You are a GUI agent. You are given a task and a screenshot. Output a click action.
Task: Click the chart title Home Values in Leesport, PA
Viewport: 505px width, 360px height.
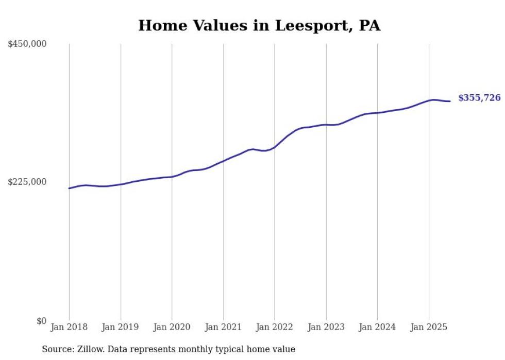pos(259,25)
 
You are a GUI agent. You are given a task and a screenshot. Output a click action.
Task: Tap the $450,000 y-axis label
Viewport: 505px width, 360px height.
pos(27,44)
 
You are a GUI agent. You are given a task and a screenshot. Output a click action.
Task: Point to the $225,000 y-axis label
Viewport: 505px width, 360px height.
pos(27,182)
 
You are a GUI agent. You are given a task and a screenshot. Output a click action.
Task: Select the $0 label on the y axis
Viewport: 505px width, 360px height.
pos(41,321)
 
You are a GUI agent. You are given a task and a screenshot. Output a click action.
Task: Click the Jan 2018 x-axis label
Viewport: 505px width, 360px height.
pos(69,327)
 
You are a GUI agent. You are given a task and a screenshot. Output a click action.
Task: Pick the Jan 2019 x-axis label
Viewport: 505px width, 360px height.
pos(121,327)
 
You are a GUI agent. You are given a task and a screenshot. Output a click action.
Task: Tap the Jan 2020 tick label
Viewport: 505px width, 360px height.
pos(172,327)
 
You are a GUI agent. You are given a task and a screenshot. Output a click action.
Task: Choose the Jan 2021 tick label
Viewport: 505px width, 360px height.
pos(223,327)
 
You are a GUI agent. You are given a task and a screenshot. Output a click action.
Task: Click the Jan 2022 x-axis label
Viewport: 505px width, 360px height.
pos(275,327)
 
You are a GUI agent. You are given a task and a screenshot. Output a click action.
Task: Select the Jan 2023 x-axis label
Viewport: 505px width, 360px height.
pos(326,327)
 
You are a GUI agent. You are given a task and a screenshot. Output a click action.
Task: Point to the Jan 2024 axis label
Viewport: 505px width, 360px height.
pos(377,327)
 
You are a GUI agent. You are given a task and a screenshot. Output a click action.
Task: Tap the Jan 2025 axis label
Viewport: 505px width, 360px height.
pos(429,327)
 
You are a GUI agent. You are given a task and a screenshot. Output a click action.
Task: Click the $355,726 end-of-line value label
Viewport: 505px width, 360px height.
pos(479,98)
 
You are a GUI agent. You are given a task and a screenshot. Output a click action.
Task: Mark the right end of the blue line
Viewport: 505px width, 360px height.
pos(450,101)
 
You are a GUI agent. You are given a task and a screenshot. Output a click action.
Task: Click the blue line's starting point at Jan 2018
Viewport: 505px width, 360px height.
pos(69,188)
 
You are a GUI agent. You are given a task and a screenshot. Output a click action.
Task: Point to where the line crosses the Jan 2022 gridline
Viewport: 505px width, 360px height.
pos(275,147)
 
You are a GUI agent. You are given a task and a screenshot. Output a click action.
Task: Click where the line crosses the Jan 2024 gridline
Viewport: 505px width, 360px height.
pos(377,113)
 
